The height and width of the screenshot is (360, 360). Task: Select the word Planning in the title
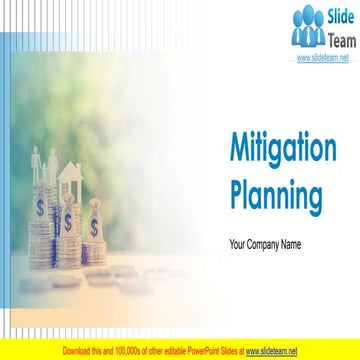(277, 192)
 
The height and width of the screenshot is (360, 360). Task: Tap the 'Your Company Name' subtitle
(265, 244)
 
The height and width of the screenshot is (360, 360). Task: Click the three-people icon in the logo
(307, 26)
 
